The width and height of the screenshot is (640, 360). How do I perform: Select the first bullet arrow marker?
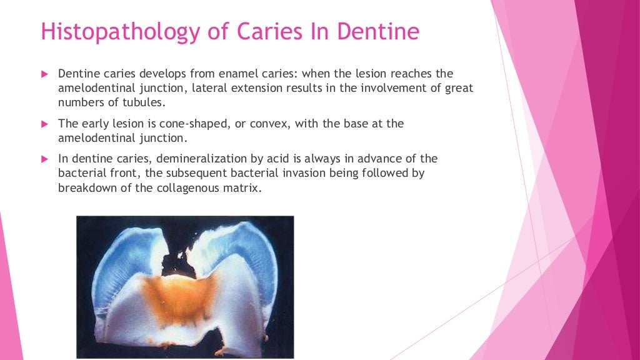pyautogui.click(x=44, y=74)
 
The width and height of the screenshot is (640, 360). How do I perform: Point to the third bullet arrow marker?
pyautogui.click(x=44, y=158)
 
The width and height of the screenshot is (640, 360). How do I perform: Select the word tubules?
pyautogui.click(x=147, y=102)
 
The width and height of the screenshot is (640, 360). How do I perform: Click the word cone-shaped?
pyautogui.click(x=194, y=124)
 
